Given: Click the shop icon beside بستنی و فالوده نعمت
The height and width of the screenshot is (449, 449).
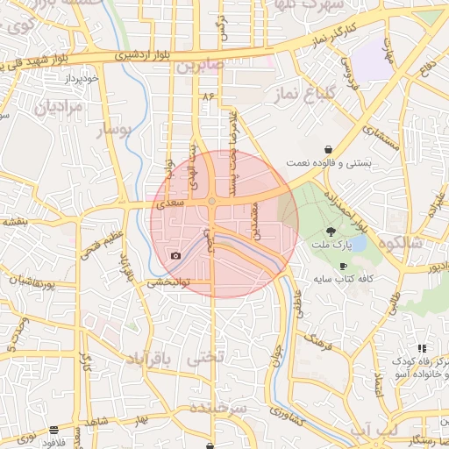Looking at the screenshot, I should pyautogui.click(x=328, y=149).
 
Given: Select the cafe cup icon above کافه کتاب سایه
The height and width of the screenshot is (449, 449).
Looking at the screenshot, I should pyautogui.click(x=342, y=266).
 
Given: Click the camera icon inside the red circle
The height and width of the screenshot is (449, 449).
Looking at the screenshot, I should pyautogui.click(x=176, y=255).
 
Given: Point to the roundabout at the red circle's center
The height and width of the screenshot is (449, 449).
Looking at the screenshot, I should pyautogui.click(x=212, y=203).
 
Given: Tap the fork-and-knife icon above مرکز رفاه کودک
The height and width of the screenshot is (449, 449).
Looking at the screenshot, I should pyautogui.click(x=422, y=348).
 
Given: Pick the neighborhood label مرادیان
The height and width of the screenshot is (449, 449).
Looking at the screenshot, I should pyautogui.click(x=58, y=108).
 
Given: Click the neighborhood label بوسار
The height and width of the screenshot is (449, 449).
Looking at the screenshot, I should pyautogui.click(x=111, y=131).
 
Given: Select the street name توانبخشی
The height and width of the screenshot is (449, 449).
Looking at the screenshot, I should pyautogui.click(x=166, y=283).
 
